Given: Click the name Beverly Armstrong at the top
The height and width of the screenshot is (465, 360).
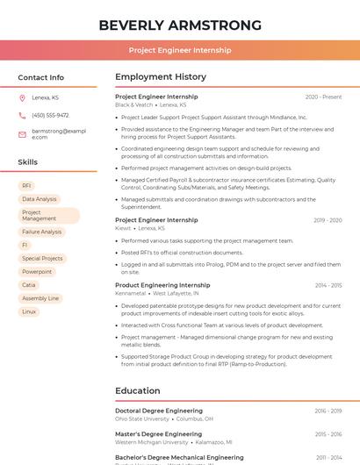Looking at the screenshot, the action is (x=180, y=25).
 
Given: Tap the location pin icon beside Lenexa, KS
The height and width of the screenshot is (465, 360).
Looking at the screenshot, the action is (x=22, y=97).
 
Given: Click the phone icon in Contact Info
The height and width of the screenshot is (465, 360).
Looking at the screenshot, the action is (x=22, y=115).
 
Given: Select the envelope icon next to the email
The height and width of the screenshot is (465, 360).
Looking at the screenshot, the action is (x=22, y=133).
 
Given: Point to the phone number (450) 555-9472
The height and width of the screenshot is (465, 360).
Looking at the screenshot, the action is (x=50, y=115).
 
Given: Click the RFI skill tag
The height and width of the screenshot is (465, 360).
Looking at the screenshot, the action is (x=26, y=186).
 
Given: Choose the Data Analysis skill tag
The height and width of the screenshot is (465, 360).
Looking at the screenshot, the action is (x=39, y=199).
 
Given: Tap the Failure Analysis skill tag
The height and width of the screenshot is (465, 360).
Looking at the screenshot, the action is (x=41, y=232).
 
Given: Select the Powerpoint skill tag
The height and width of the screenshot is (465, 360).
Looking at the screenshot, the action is (x=37, y=272).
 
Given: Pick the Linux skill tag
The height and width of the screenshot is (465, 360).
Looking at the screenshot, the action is (x=29, y=311).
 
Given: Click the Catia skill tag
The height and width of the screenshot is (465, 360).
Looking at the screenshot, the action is (x=29, y=285).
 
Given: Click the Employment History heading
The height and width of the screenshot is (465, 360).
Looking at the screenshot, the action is (x=161, y=77).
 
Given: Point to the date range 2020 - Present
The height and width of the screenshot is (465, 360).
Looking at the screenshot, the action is (x=323, y=97).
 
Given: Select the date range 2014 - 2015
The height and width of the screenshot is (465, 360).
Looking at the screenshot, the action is (x=328, y=285).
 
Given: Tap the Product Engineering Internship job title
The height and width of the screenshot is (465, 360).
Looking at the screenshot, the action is (x=162, y=285).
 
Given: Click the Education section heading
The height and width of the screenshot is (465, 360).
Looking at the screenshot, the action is (x=138, y=391).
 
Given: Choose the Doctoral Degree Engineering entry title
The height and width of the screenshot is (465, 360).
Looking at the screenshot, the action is (x=159, y=411).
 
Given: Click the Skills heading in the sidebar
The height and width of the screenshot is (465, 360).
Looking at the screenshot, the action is (x=28, y=162).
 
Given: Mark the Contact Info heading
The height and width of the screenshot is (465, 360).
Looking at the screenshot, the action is (x=41, y=77).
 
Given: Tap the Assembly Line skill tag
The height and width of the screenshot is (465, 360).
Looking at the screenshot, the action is (x=40, y=298).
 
